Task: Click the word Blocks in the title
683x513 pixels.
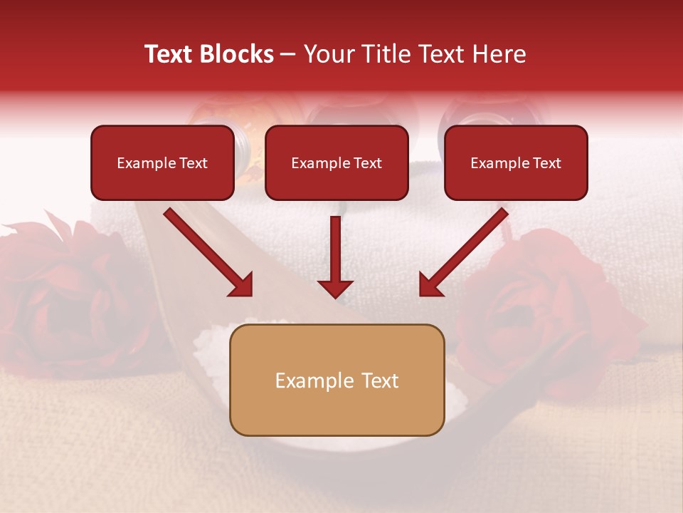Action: (x=235, y=54)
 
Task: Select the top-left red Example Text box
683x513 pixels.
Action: (x=162, y=162)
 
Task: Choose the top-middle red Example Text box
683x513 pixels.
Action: (x=337, y=162)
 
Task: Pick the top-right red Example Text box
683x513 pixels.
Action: (x=516, y=162)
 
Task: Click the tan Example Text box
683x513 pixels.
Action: (x=337, y=380)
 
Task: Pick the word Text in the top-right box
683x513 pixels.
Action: (x=547, y=163)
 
